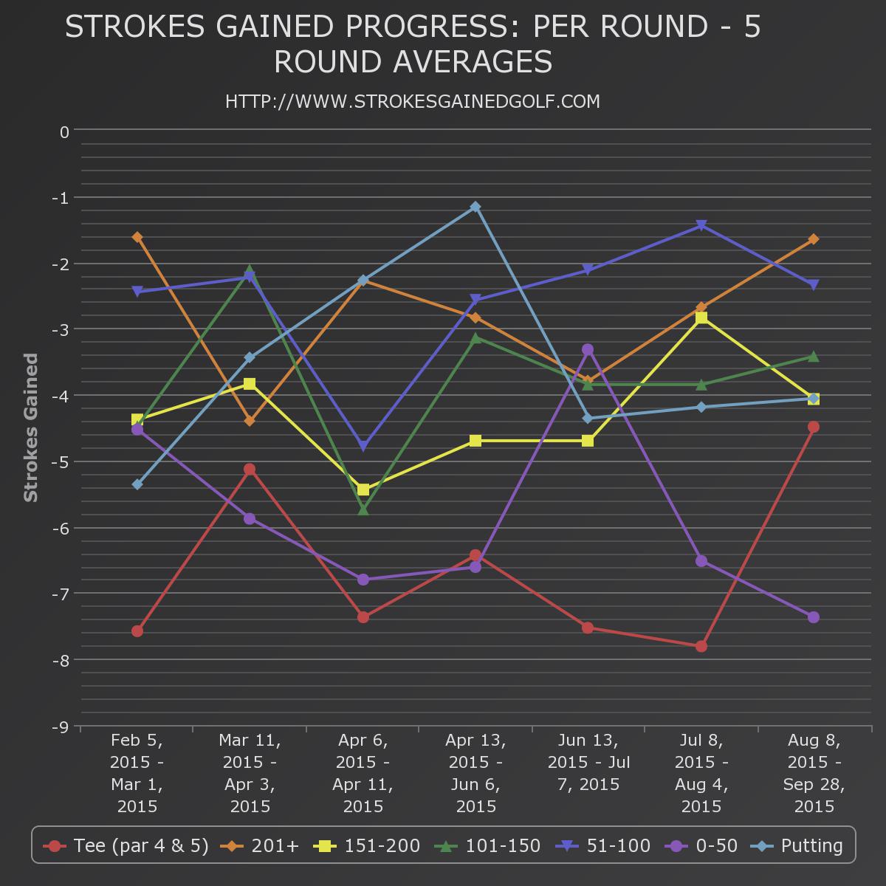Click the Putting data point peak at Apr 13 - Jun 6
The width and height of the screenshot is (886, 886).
click(475, 207)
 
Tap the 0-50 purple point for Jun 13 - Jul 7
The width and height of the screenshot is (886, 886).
click(588, 349)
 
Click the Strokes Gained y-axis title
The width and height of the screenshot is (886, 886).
click(31, 427)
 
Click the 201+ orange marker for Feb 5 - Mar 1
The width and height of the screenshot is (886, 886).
click(137, 237)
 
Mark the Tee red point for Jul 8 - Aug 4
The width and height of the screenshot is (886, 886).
click(701, 646)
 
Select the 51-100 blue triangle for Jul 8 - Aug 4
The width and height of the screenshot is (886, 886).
click(701, 225)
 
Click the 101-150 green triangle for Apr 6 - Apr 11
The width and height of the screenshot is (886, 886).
click(363, 509)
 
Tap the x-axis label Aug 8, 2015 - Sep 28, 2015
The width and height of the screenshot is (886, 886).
click(814, 773)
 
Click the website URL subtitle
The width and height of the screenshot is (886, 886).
click(413, 101)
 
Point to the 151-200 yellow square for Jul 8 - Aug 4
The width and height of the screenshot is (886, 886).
click(701, 317)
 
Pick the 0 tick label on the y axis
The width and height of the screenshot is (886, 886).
click(65, 132)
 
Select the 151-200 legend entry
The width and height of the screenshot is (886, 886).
click(368, 845)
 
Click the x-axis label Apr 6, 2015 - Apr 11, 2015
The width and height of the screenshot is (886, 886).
click(363, 773)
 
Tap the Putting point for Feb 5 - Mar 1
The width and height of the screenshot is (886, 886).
click(137, 484)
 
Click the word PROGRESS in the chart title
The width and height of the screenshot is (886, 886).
click(427, 27)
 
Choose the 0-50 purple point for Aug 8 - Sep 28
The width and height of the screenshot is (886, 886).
click(814, 617)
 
